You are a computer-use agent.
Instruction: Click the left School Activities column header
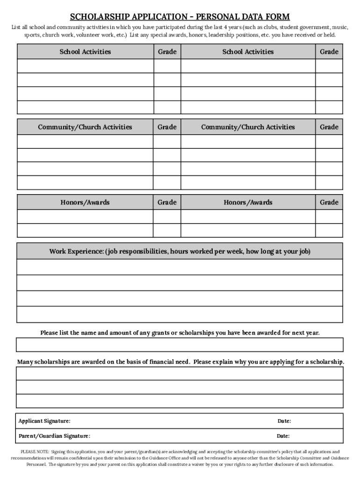tap(85, 52)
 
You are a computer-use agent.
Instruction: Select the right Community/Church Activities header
tap(248, 127)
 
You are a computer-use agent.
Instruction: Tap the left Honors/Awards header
tap(85, 203)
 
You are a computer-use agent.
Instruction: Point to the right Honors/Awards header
tap(248, 203)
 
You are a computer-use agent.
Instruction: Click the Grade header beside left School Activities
tap(167, 52)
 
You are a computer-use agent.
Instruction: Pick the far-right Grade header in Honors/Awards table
tap(329, 203)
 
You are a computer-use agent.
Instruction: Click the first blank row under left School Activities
tap(85, 66)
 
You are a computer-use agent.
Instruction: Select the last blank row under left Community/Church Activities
tap(85, 182)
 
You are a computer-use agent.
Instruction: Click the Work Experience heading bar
tap(180, 252)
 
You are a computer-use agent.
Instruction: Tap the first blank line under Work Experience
tap(180, 267)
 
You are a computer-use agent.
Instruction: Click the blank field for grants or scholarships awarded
tap(180, 345)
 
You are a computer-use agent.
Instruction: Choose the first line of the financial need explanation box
tap(180, 374)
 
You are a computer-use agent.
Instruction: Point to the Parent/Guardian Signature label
tap(54, 436)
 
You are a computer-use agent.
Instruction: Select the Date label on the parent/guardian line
tap(283, 436)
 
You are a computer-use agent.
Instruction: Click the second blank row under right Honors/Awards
tap(248, 231)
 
